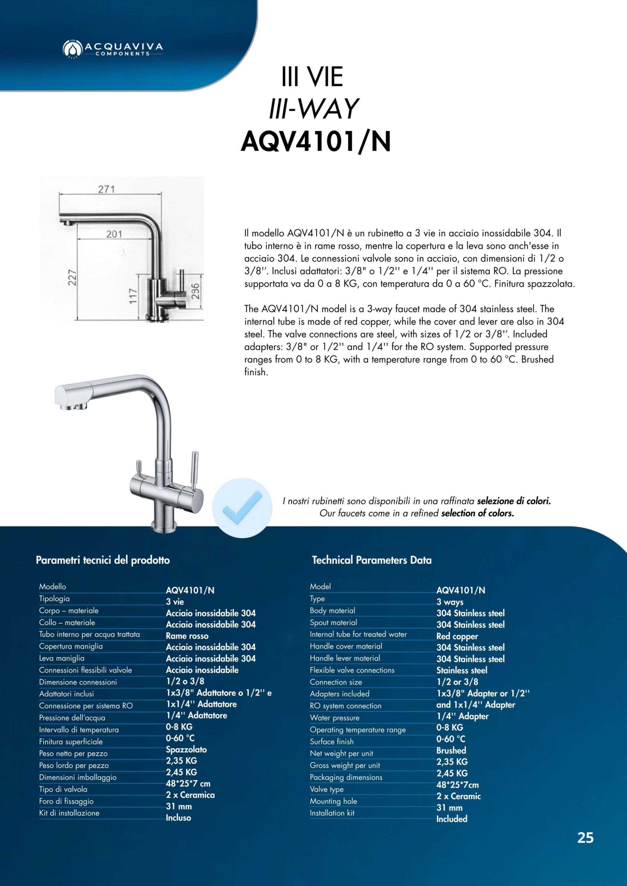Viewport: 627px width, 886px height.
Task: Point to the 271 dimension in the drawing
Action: tap(106, 189)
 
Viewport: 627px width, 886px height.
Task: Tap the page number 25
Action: tap(585, 838)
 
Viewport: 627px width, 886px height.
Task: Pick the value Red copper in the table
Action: tap(457, 636)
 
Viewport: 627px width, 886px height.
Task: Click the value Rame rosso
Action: tap(187, 635)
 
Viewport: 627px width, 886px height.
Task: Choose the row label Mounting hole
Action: tap(333, 801)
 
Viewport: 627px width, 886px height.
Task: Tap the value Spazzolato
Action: tap(186, 749)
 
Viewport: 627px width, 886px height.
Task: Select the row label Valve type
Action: tap(326, 789)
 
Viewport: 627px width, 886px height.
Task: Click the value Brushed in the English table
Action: tap(451, 750)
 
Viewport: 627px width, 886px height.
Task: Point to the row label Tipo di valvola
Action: tap(63, 789)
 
